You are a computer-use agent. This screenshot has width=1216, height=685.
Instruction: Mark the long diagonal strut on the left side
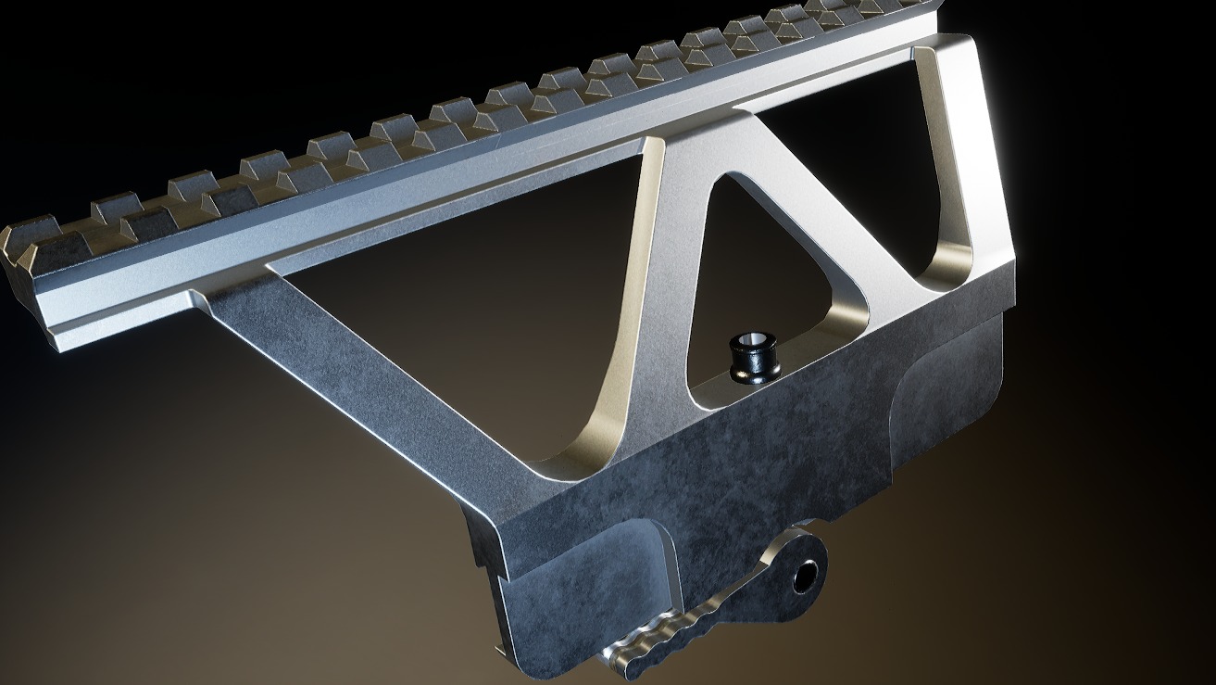pos(370,371)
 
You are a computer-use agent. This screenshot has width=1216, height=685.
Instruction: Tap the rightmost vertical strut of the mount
pos(963,167)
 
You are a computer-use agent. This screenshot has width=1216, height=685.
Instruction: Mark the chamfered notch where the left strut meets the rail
pos(199,298)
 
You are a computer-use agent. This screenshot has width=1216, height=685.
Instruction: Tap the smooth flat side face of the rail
pos(370,213)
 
